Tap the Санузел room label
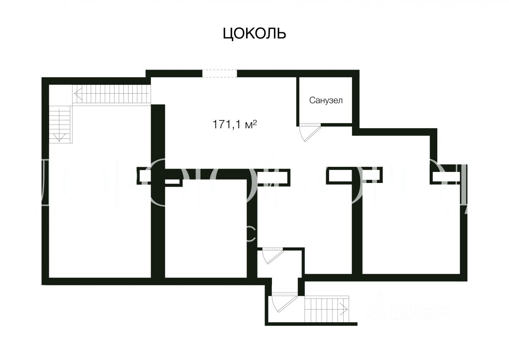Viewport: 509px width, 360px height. (325, 101)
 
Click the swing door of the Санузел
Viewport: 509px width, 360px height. (308, 132)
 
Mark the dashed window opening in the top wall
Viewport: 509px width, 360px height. (219, 73)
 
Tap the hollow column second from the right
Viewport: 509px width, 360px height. (354, 175)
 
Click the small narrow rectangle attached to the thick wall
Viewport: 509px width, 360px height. (172, 182)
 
